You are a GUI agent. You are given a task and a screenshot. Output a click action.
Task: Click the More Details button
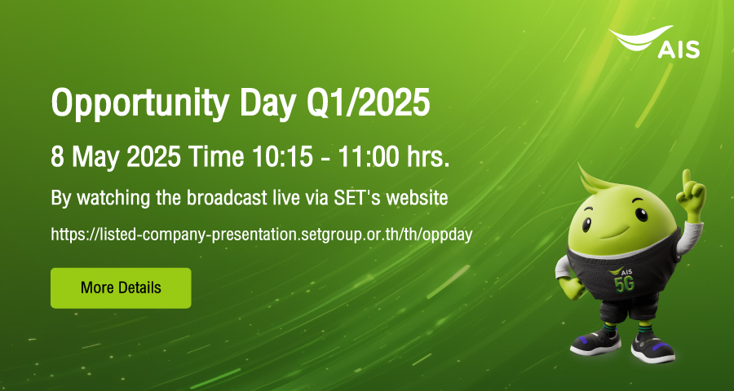coord(121,288)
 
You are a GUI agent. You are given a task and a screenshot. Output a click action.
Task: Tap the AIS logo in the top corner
coord(654,42)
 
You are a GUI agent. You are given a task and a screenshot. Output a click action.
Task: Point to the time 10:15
coord(282,157)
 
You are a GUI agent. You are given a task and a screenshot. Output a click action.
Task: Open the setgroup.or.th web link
coord(261,234)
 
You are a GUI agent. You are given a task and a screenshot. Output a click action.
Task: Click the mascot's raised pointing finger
coord(687,179)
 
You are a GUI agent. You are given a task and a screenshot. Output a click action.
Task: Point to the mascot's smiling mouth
coord(612,232)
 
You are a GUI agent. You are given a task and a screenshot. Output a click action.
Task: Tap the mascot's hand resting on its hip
coord(569,287)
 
